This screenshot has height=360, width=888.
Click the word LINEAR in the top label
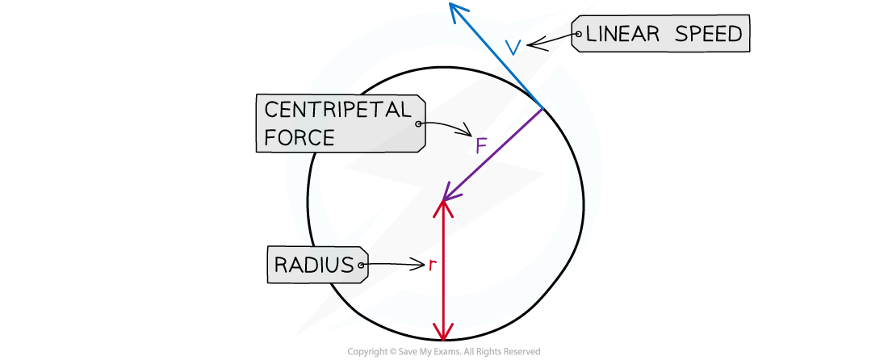point(624,34)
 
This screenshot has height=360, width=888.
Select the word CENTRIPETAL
point(337,111)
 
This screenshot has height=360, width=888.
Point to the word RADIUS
point(314,265)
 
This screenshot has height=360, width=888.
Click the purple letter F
point(481,147)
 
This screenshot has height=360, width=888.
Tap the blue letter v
point(513,49)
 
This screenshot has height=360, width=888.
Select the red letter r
point(432,265)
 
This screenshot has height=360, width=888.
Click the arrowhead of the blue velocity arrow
point(456,8)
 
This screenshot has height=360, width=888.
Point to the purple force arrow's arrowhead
point(446,196)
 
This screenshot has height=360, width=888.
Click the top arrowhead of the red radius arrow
point(442,206)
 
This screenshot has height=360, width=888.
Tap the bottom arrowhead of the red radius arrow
point(442,334)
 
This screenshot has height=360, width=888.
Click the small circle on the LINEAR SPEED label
point(577,34)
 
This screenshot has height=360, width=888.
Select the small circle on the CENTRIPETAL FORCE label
point(418,124)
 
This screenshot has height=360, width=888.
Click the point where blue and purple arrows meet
point(542,107)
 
